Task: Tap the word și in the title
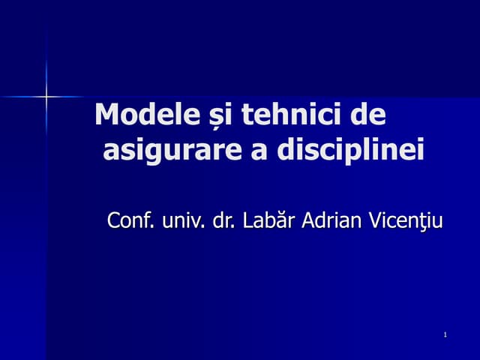coord(204,117)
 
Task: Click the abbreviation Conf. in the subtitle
coord(132,221)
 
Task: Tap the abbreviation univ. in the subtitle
coord(183,221)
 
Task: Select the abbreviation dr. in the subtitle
coord(223,221)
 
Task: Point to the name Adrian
coord(331,221)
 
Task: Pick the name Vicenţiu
coord(405,221)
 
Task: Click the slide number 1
coord(445,334)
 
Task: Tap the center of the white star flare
coord(46,96)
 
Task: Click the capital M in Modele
coord(107,116)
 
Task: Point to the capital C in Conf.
coord(114,221)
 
